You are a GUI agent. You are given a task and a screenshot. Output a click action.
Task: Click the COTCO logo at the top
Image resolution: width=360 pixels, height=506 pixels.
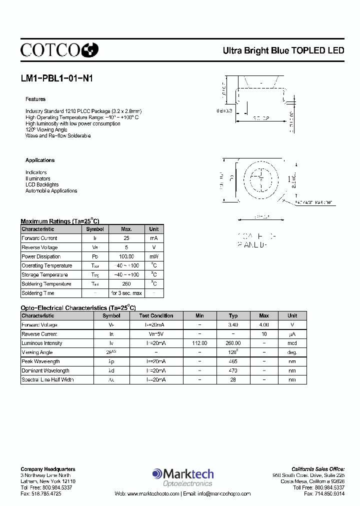pos(59,49)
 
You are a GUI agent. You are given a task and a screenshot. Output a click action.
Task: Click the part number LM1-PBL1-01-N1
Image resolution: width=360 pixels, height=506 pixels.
pos(56,78)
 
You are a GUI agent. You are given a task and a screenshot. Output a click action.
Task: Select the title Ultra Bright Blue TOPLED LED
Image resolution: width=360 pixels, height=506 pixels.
pos(283,50)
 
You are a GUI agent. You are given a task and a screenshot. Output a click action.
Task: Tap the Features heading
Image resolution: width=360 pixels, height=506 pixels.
pos(35,99)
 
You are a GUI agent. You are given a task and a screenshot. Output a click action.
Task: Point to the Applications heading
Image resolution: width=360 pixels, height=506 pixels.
pos(40,160)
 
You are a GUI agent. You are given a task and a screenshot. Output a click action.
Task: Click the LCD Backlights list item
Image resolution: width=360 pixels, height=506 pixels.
pos(42,184)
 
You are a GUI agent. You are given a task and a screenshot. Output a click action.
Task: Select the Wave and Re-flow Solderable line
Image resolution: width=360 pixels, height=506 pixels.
pos(58,135)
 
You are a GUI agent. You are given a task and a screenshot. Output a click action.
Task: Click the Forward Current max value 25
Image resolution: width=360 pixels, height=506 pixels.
pos(126,238)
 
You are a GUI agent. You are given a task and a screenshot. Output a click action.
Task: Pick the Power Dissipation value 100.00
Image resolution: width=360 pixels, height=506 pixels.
pos(126,256)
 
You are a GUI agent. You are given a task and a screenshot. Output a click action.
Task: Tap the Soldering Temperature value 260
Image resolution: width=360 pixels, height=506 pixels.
pos(126,284)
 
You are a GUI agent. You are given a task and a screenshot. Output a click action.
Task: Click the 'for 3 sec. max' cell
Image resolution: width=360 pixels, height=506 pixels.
pos(126,293)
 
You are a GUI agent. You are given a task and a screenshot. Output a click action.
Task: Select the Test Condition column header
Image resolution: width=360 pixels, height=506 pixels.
pos(156,315)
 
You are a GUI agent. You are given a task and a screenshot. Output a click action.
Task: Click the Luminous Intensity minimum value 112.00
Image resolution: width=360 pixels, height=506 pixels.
pos(199,343)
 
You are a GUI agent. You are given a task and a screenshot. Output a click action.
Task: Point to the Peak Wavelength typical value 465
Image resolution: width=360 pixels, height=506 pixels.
pos(233,361)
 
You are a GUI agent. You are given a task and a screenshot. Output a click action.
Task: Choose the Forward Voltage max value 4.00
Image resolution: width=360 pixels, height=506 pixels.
pos(264,324)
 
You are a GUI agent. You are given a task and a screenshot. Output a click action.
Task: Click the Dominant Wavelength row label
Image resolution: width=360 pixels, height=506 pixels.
pos(45,370)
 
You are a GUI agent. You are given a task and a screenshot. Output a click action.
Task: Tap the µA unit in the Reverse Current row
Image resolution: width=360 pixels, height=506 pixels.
pos(292,334)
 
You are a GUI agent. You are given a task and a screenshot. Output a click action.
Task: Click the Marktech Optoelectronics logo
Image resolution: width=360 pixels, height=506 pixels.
pos(183,476)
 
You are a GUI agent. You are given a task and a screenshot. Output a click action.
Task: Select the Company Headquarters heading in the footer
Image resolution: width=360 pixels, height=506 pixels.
pos(48,469)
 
